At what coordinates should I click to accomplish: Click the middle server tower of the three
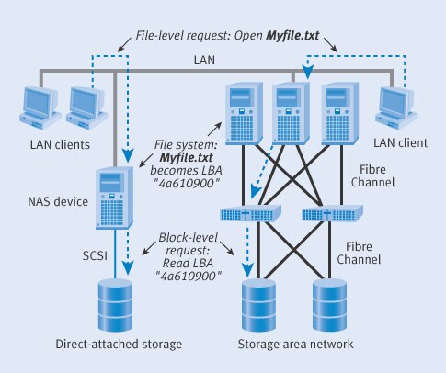(x=290, y=113)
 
